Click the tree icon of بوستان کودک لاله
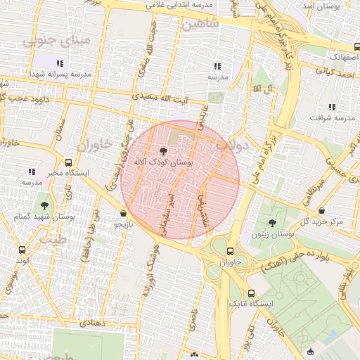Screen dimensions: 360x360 [163, 150]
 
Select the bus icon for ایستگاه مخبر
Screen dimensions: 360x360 [68, 162]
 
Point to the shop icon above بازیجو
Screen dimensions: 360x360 [124, 213]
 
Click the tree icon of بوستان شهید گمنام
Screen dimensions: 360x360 [45, 206]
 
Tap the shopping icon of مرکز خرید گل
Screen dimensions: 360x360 [321, 210]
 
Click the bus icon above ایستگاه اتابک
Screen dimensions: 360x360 [251, 292]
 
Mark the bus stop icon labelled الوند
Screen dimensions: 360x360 [22, 250]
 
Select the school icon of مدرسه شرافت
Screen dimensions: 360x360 [332, 107]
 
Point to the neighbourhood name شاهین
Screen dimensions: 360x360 [200, 24]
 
